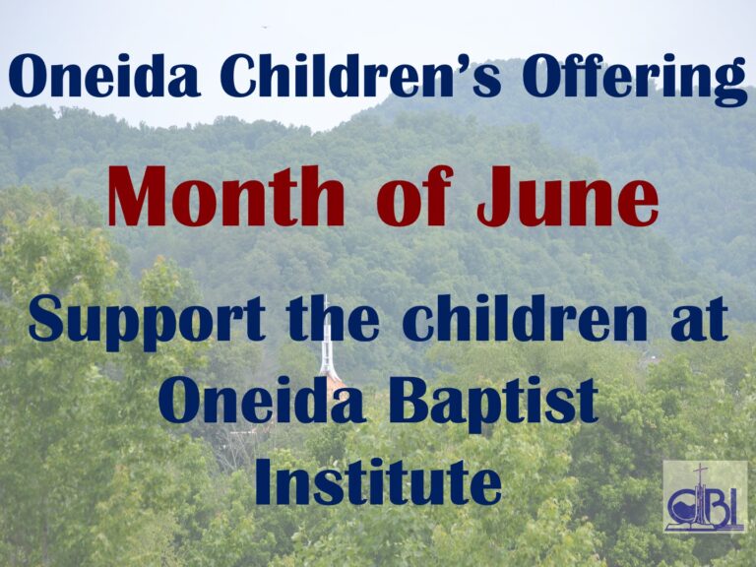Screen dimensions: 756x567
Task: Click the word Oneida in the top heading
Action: coord(103,76)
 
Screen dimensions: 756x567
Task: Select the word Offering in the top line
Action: coord(633,79)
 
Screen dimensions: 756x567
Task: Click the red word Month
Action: coord(226,196)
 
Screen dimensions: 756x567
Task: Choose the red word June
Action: coord(567,196)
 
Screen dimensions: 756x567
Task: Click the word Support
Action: coord(147,322)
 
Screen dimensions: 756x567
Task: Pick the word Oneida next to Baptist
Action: coord(261,401)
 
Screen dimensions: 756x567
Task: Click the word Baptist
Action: coord(494,404)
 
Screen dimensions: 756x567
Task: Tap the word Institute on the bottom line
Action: coord(378,481)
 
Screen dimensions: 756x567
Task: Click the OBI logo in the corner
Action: coord(705,496)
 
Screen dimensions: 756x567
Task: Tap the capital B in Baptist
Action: coord(409,402)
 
